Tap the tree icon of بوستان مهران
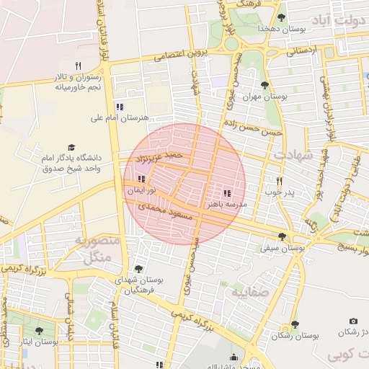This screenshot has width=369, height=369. [x=266, y=85]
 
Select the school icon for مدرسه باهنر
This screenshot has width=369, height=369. [x=227, y=194]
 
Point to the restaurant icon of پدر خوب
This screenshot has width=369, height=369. [x=280, y=182]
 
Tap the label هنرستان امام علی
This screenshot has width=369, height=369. [x=120, y=117]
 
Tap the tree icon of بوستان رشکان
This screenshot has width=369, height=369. [x=295, y=325]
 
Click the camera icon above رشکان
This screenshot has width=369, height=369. [x=353, y=321]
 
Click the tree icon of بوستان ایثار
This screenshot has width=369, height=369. [x=39, y=331]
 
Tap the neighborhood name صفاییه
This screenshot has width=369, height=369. [x=250, y=293]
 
